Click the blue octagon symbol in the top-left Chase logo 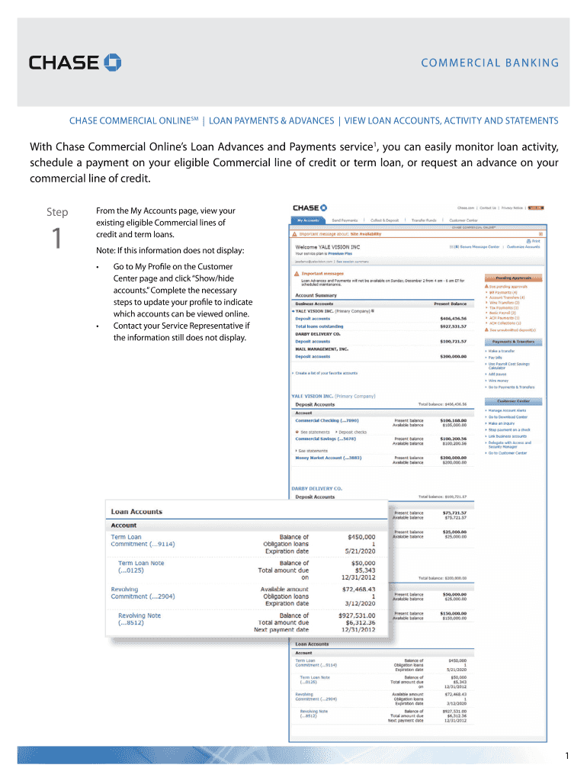113,62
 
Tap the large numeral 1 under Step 56,239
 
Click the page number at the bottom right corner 567,755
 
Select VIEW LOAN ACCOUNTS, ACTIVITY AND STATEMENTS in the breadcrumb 451,121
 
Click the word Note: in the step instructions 106,251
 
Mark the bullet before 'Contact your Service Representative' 98,326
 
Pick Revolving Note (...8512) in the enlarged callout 140,619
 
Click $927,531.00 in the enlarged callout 357,615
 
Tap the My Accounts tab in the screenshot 308,219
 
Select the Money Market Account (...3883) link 329,458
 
